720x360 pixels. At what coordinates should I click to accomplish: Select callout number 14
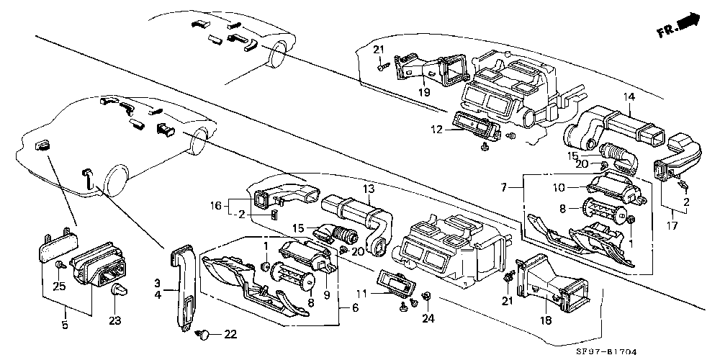(x=629, y=97)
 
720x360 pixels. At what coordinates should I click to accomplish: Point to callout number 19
(x=426, y=91)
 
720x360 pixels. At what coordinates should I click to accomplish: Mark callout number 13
(x=369, y=189)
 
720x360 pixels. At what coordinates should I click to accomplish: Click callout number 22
(x=230, y=333)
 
